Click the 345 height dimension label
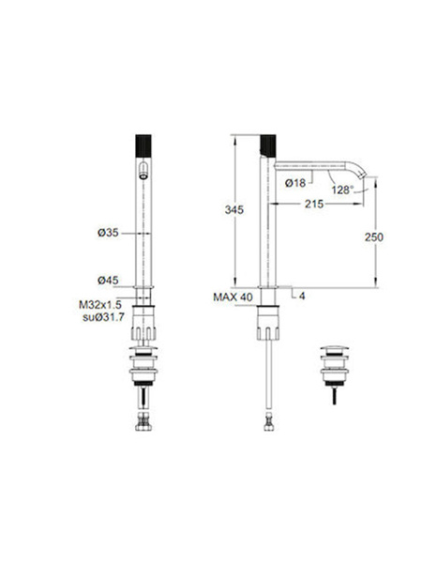234,209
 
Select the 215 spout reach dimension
314,204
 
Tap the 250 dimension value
374,237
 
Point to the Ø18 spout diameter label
295,183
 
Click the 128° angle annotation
342,190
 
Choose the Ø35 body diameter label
108,233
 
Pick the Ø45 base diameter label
108,280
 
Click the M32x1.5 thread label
100,305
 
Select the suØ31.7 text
104,317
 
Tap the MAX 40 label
233,297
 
